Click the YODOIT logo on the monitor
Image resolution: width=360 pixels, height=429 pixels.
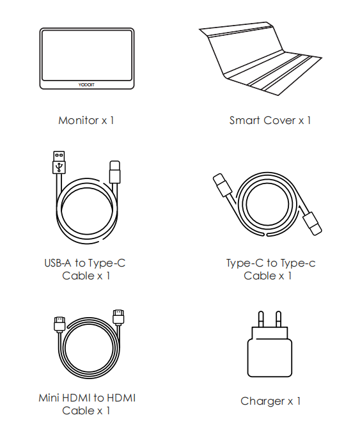pos(86,85)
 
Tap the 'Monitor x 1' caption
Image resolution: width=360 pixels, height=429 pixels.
pos(86,120)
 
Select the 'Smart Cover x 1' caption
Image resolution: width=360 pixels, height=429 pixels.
pos(270,120)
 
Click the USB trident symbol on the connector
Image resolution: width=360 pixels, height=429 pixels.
pos(59,167)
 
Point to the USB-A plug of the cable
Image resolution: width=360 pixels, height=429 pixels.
pos(59,162)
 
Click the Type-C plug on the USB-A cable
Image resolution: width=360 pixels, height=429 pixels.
pos(115,172)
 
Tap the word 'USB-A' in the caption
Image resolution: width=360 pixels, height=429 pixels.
pos(58,263)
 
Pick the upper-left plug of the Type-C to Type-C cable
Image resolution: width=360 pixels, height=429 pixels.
pos(223,185)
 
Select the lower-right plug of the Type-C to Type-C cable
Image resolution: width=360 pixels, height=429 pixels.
pos(313,223)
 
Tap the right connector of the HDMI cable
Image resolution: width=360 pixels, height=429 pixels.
pos(118,317)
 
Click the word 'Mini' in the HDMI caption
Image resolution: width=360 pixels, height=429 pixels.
pos(48,398)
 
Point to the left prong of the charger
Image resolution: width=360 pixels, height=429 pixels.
pos(261,319)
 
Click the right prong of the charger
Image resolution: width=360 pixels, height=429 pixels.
pos(279,319)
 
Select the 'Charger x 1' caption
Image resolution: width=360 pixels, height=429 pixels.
pos(270,401)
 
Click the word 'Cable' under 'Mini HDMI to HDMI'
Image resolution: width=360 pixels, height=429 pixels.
pos(78,410)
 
